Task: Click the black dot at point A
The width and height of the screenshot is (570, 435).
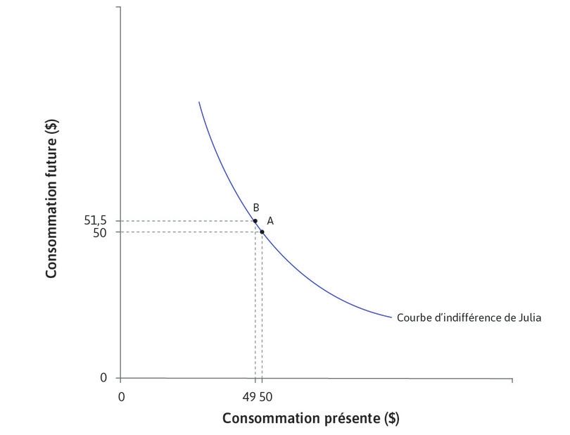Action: [262, 232]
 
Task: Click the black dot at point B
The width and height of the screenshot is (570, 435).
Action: [255, 221]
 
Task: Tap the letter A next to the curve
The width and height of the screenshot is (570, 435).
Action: [270, 220]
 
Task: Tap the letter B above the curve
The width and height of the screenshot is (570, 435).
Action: [256, 208]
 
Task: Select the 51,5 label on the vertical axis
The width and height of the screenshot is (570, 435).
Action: [96, 221]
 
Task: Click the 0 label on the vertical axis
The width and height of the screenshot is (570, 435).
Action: [103, 378]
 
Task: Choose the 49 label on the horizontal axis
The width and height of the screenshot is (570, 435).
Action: [251, 396]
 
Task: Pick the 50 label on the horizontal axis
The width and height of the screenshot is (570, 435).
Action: [265, 396]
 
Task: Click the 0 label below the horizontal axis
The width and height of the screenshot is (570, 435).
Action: [121, 396]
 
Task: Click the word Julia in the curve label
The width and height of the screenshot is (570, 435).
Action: [528, 317]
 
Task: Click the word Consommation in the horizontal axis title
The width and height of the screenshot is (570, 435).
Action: [267, 418]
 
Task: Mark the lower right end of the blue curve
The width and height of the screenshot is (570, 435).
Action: [391, 317]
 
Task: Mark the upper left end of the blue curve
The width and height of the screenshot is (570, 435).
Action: [199, 103]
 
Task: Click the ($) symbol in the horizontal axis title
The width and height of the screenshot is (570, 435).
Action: [392, 418]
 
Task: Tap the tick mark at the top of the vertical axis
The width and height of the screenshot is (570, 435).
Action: [117, 7]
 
